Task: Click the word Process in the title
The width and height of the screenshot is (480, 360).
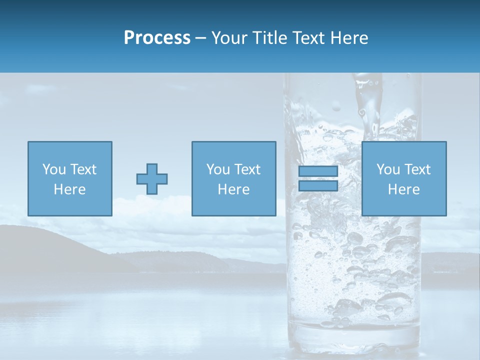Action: click(x=157, y=38)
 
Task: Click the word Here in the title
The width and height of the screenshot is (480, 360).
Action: click(x=349, y=38)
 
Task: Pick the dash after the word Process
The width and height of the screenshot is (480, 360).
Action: click(x=200, y=38)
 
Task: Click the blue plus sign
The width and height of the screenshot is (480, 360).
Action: click(x=152, y=179)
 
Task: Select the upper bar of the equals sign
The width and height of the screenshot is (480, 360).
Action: click(x=318, y=171)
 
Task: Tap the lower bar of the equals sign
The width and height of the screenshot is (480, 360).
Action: click(x=318, y=185)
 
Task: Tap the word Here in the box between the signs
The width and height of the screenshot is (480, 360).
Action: click(x=234, y=189)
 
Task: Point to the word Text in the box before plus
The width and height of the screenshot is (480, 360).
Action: click(x=83, y=169)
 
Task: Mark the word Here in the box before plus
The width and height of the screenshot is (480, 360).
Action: click(x=70, y=189)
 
